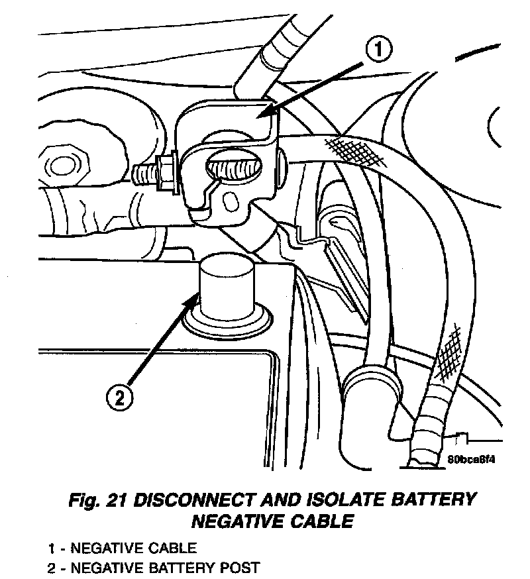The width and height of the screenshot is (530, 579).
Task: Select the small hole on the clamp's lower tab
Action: point(230,200)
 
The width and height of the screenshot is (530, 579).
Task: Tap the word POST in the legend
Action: point(242,568)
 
